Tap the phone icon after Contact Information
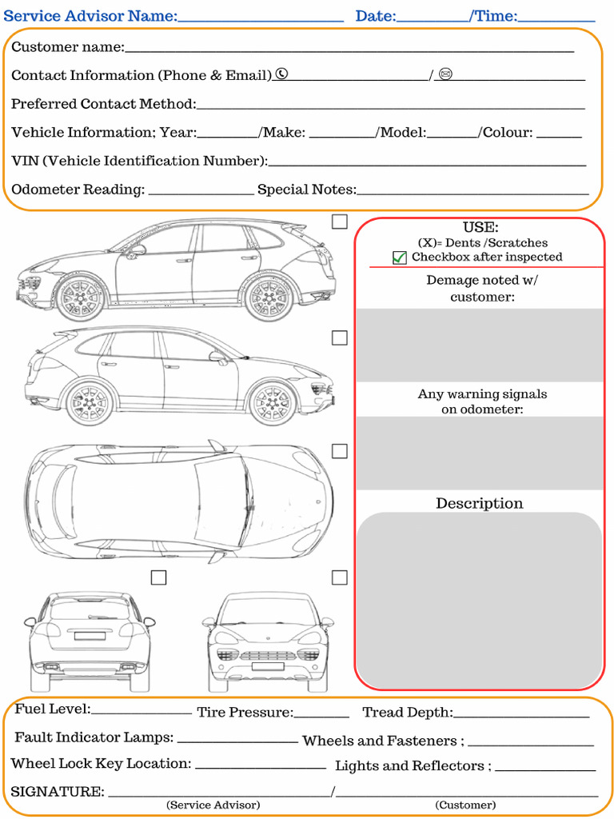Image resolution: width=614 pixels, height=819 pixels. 281,74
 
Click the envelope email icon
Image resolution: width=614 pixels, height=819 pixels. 446,74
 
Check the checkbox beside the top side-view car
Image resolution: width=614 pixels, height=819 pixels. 340,222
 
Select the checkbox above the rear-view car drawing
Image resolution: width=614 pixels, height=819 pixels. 159,577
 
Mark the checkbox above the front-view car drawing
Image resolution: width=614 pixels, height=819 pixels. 340,577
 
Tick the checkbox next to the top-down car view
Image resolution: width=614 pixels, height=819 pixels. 340,452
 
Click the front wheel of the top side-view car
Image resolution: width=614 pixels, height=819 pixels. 80,298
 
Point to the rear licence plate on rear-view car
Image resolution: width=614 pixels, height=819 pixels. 90,637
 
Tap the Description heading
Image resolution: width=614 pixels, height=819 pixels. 479,503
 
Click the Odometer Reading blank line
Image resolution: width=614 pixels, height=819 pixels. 201,192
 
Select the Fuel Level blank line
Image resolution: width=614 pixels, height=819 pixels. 142,712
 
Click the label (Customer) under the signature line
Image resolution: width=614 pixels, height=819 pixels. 465,805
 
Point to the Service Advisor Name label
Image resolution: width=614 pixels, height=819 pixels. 90,16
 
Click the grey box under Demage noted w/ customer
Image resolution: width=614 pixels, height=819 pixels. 479,346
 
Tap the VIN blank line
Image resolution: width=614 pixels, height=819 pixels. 427,164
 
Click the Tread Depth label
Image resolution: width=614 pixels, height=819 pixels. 407,713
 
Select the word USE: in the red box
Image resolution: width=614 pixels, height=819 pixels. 480,228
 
